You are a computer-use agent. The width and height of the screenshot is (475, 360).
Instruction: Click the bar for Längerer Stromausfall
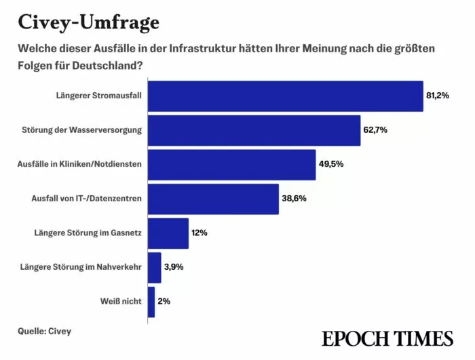click(285, 96)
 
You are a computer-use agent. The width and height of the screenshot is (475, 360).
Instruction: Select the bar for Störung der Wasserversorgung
click(254, 130)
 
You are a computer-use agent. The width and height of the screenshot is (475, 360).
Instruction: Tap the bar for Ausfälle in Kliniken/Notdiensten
click(231, 165)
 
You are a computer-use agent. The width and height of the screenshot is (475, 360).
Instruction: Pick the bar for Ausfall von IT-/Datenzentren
click(213, 199)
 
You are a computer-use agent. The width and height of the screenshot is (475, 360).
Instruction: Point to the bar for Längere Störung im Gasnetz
click(168, 233)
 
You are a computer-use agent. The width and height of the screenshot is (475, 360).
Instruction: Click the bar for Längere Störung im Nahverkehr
click(154, 267)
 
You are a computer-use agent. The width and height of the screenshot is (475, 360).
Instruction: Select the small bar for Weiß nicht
click(151, 302)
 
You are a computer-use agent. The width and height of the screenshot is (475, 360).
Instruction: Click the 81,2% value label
click(438, 96)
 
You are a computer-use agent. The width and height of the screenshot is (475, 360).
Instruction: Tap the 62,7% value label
click(375, 130)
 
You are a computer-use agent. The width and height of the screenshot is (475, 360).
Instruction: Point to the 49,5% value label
click(330, 165)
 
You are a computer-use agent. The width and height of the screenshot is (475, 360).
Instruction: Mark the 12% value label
click(199, 233)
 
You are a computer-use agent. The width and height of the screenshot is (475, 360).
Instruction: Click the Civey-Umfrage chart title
click(88, 22)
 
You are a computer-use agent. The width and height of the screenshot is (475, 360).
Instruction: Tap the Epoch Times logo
click(387, 338)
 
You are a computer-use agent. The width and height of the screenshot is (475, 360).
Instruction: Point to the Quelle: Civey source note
click(45, 332)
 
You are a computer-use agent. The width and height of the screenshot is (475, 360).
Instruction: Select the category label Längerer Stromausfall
click(98, 96)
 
